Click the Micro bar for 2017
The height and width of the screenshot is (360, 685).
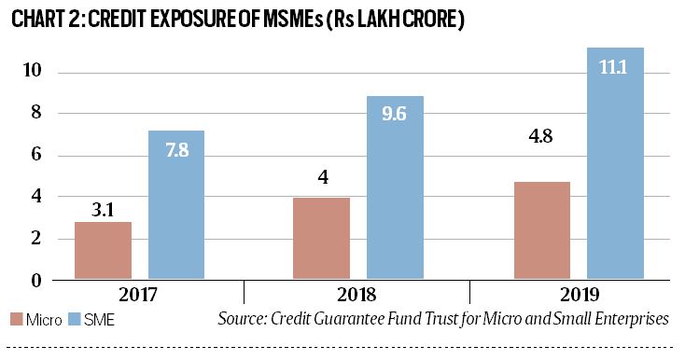pyautogui.click(x=103, y=250)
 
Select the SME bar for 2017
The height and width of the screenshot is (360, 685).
pyautogui.click(x=176, y=204)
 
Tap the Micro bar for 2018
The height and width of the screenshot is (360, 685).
pyautogui.click(x=322, y=238)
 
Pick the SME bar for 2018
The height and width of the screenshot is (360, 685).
pyautogui.click(x=395, y=187)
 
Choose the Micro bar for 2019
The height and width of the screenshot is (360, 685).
pyautogui.click(x=541, y=229)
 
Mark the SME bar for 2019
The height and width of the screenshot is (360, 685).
pyautogui.click(x=615, y=163)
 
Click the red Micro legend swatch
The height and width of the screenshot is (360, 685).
pyautogui.click(x=12, y=320)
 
